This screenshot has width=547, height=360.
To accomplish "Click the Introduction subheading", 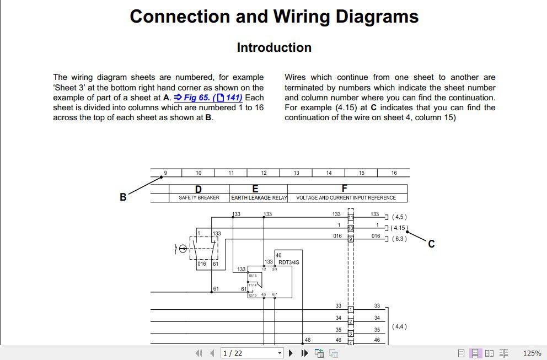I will [274, 48].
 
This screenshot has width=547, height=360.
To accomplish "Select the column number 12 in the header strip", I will [264, 173].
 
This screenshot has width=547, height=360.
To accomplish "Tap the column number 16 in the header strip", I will [394, 173].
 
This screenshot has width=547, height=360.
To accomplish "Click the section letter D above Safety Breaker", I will [199, 189].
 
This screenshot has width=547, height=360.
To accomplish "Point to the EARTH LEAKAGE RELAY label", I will [259, 197].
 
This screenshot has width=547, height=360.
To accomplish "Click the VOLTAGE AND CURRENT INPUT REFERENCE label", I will [346, 197].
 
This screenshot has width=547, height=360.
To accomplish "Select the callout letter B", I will [123, 197].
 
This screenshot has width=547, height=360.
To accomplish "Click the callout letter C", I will [431, 244].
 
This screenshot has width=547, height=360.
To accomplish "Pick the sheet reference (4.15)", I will [399, 228].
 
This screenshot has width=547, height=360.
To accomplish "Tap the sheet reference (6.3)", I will [399, 239].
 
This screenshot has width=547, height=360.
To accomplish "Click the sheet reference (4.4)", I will [399, 326].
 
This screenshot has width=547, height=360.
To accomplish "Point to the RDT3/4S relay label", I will [289, 262].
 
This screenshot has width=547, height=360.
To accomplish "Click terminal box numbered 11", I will [350, 217].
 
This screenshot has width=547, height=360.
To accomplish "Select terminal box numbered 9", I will [350, 239].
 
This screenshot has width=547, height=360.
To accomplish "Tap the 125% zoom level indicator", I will [532, 353].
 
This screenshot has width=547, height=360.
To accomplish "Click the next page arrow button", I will [291, 353].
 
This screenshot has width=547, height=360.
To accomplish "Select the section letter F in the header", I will [345, 189].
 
